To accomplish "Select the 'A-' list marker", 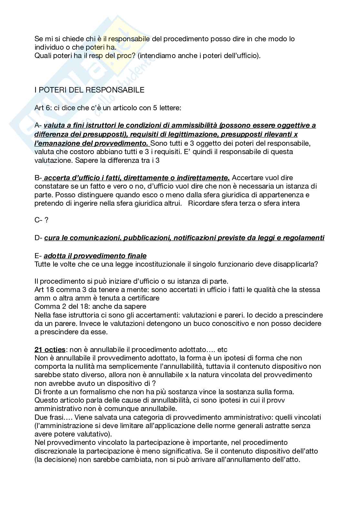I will pyautogui.click(x=38, y=125).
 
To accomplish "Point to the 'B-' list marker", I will pyautogui.click(x=38, y=178).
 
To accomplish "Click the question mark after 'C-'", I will pyautogui.click(x=46, y=220).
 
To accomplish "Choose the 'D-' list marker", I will pyautogui.click(x=38, y=238).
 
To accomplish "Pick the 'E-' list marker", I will pyautogui.click(x=38, y=256).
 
